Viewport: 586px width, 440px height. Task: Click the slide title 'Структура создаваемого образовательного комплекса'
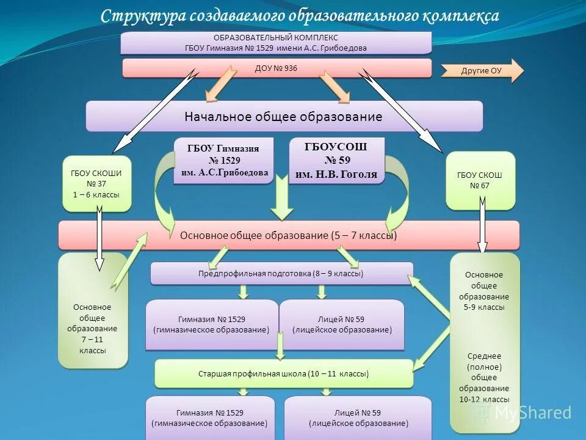click(x=300, y=15)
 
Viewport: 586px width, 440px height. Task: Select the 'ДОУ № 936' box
click(x=276, y=68)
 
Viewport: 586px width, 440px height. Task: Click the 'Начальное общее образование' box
click(x=284, y=116)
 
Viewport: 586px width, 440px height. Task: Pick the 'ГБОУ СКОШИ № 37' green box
click(x=96, y=184)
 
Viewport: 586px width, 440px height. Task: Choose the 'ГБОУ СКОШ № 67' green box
click(x=480, y=180)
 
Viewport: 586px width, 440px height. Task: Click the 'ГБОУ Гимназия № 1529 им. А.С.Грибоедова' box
click(x=223, y=160)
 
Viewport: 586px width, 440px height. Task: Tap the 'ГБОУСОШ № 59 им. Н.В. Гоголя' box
click(x=336, y=160)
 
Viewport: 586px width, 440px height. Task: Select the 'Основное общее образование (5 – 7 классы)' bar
click(x=289, y=235)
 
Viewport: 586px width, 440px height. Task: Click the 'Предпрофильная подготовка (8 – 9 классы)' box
click(x=281, y=273)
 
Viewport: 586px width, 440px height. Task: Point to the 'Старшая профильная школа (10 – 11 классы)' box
click(x=284, y=373)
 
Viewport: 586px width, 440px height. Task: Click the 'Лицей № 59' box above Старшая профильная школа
click(x=342, y=324)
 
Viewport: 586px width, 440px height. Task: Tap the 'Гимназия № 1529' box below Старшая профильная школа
click(x=210, y=417)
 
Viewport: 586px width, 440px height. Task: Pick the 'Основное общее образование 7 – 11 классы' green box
click(x=93, y=329)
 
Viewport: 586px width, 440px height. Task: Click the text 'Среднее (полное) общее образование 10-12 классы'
click(x=484, y=377)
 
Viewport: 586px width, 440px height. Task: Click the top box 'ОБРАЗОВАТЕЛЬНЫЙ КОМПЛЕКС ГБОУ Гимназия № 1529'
click(x=276, y=43)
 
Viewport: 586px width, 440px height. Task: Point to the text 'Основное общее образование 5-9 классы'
click(x=484, y=291)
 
